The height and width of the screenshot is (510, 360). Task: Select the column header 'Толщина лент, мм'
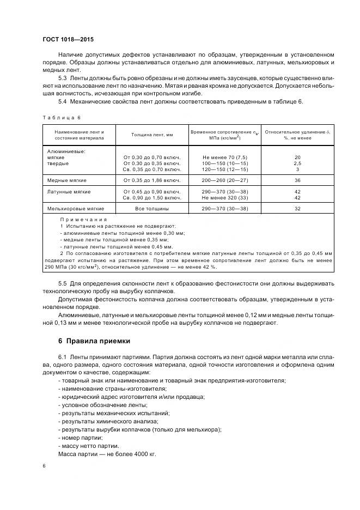[x=152, y=135]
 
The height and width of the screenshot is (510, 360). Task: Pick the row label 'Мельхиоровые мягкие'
[x=75, y=209]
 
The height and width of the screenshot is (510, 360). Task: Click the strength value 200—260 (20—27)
[x=224, y=180]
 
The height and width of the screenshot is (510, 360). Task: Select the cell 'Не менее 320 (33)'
[x=224, y=198]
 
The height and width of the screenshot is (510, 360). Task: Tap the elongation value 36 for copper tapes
[x=297, y=180]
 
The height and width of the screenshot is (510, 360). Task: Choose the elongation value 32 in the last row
[x=297, y=209]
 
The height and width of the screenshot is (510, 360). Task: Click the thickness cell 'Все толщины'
[x=152, y=209]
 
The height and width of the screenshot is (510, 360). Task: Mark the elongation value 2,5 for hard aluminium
[x=297, y=163]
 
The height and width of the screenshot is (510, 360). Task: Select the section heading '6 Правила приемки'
[x=94, y=342]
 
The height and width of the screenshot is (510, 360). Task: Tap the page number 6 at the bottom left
[x=44, y=466]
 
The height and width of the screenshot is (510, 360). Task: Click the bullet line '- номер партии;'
[x=80, y=438]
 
